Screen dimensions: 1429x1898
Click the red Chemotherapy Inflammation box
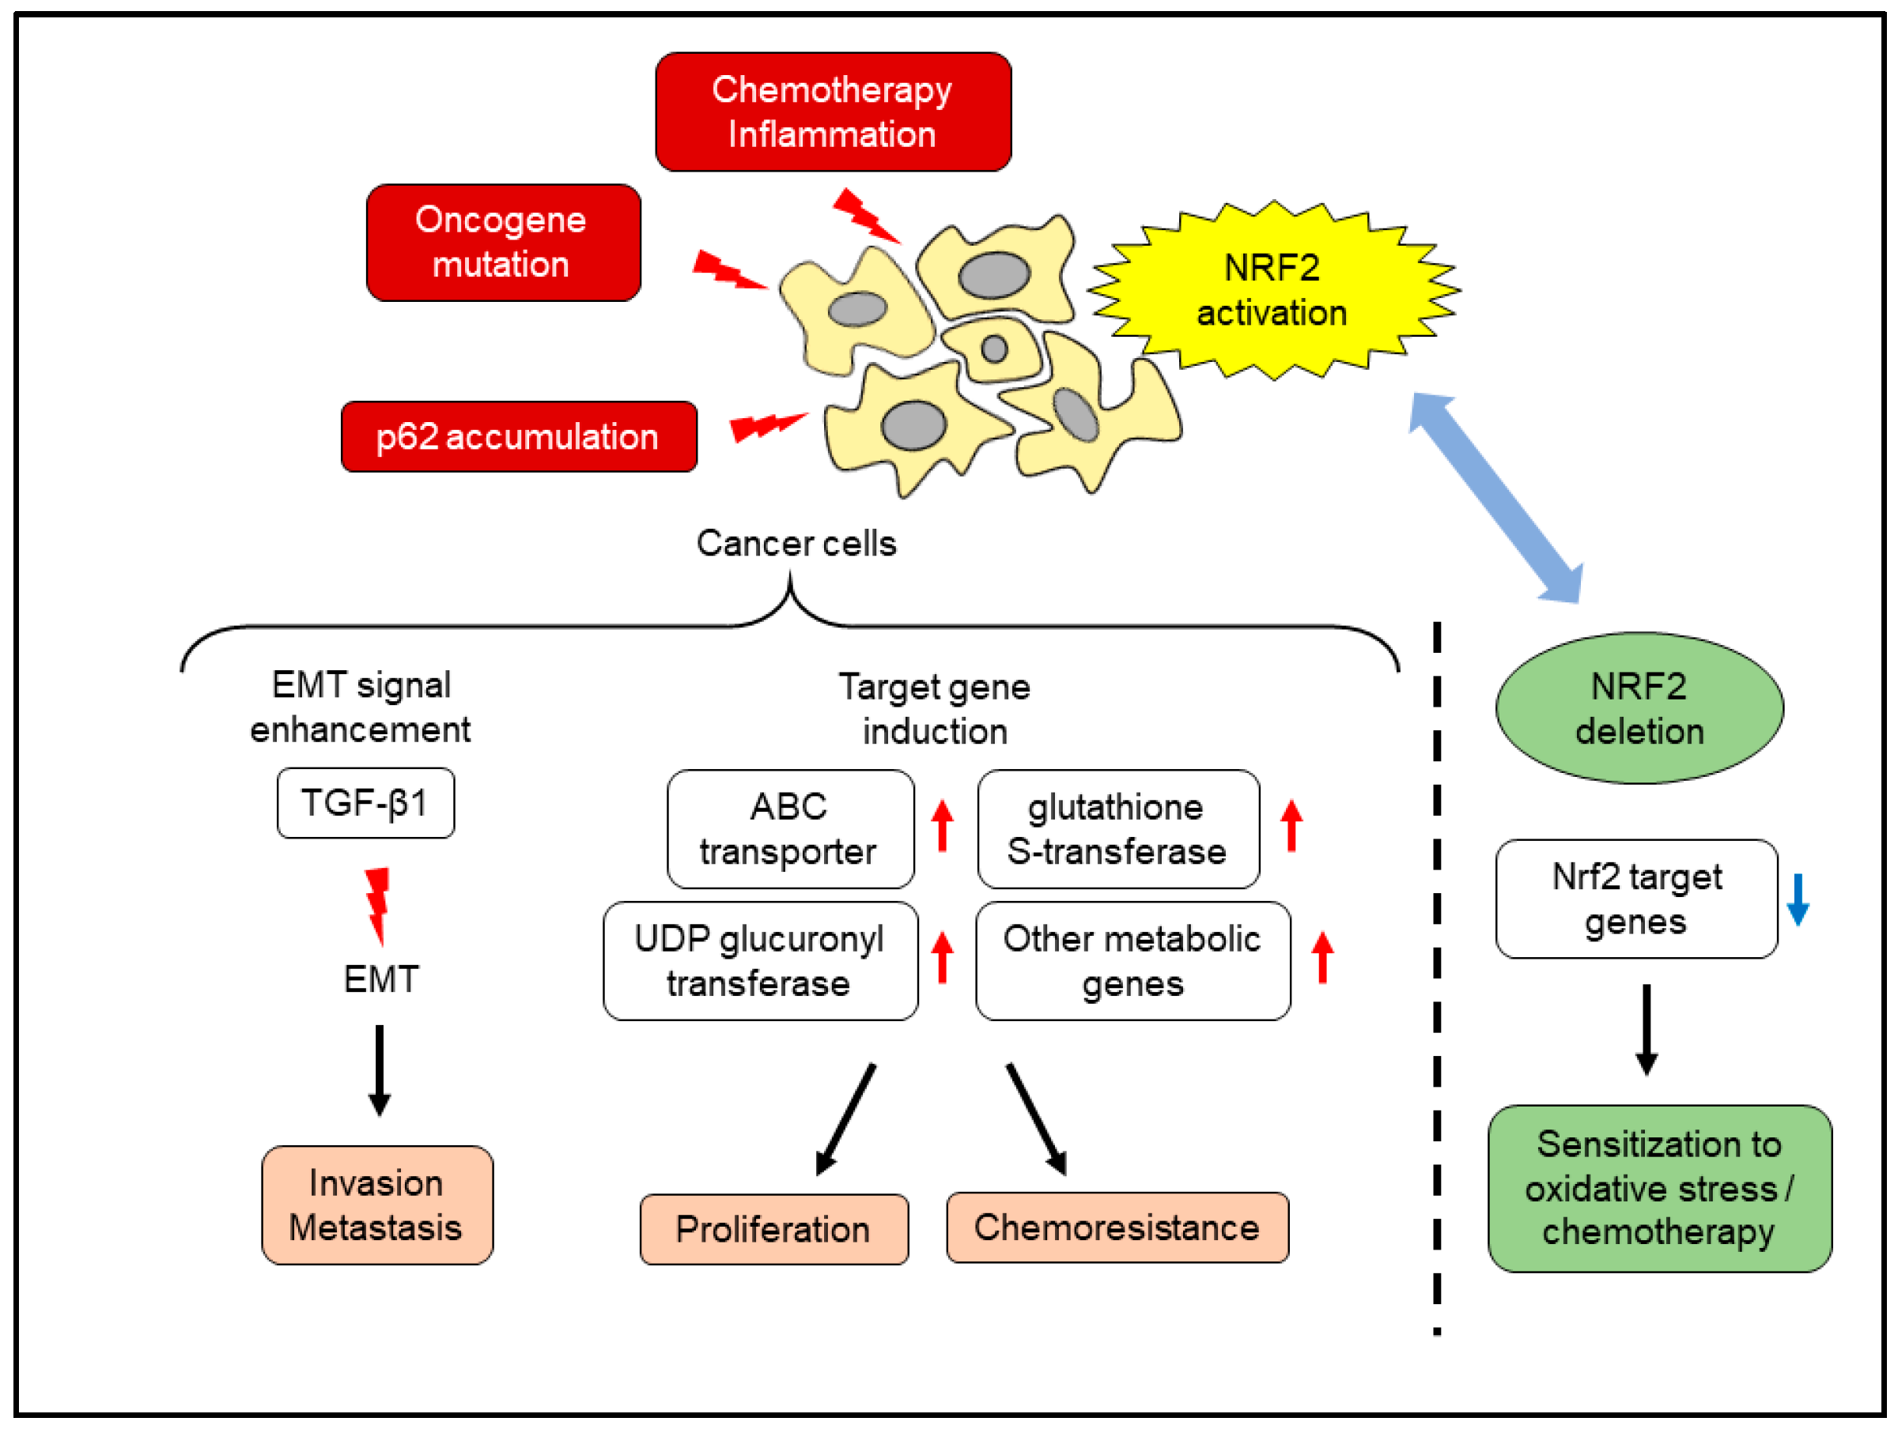point(832,111)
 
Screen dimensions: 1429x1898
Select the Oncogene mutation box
point(503,242)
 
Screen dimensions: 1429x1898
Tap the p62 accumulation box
point(518,436)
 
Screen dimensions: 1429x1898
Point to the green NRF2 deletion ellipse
point(1639,708)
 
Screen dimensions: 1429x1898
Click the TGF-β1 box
point(365,803)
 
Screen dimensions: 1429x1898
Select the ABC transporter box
point(789,828)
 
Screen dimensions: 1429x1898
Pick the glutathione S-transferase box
point(1117,828)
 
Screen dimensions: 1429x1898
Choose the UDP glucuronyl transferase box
point(759,960)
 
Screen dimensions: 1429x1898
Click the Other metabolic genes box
point(1132,960)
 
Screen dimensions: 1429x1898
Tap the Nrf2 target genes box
point(1635,899)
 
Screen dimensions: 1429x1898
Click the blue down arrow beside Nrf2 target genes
point(1798,899)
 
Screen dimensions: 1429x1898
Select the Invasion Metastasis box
point(376,1205)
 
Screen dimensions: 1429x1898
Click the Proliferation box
point(773,1229)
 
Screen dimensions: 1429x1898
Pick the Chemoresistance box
point(1117,1227)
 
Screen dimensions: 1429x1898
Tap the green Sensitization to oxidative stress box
point(1658,1188)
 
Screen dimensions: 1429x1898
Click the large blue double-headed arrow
point(1495,497)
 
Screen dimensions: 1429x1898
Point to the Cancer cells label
point(796,543)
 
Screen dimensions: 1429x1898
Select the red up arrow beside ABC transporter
point(942,825)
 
